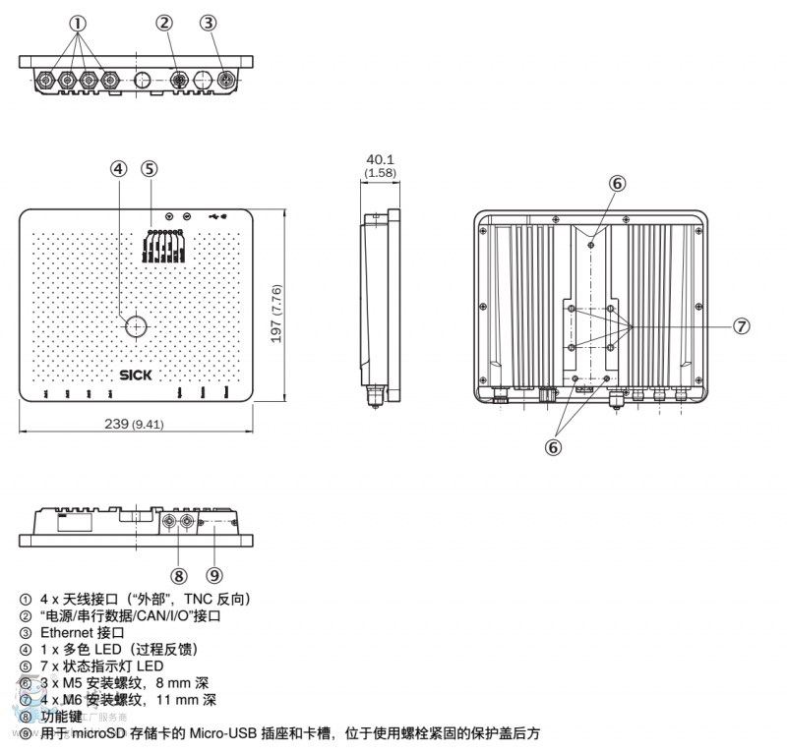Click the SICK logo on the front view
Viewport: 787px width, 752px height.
[x=134, y=374]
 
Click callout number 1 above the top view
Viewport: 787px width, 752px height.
[x=78, y=23]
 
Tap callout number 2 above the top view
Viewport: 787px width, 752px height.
[x=164, y=23]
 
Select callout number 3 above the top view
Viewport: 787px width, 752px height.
[x=208, y=23]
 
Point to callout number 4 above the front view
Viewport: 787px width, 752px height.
[x=118, y=168]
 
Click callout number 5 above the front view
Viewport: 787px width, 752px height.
[x=150, y=168]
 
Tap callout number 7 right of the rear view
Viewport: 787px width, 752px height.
[x=742, y=326]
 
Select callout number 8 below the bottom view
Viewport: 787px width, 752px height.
[x=178, y=575]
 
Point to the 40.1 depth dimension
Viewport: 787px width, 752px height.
[x=380, y=158]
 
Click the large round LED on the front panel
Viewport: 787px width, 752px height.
[x=135, y=326]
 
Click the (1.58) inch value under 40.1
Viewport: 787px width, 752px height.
[x=380, y=173]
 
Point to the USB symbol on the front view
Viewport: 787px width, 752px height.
[x=216, y=215]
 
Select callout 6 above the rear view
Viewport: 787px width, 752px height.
[x=617, y=183]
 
